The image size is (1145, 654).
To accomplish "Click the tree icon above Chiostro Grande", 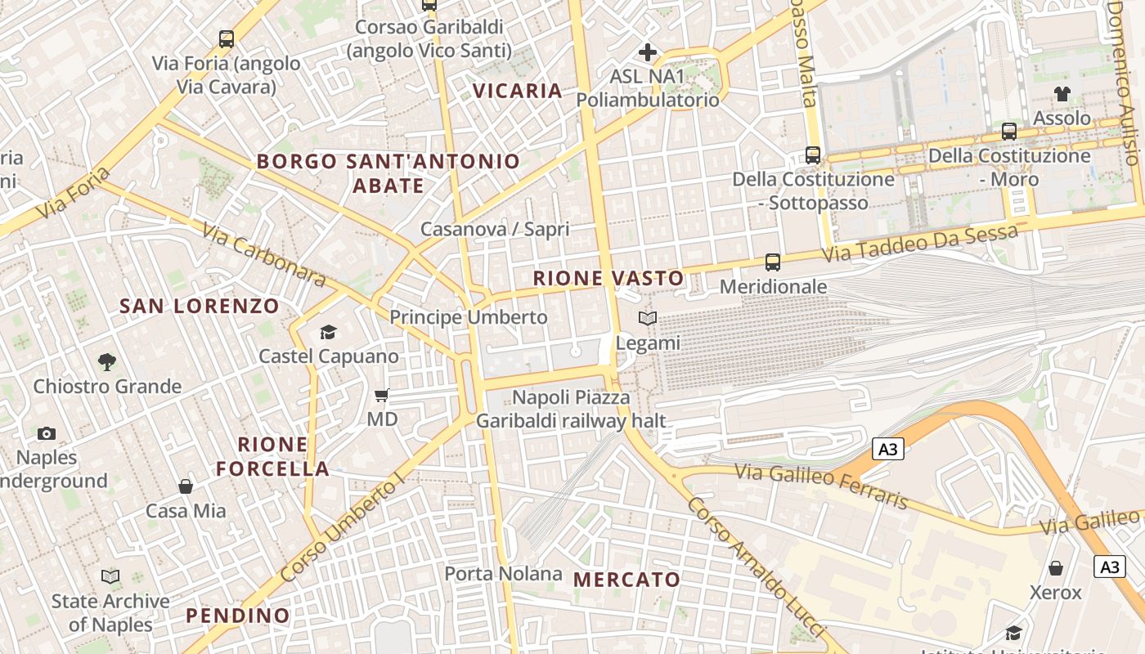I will click(106, 361).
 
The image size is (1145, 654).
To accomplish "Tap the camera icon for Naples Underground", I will click(47, 433).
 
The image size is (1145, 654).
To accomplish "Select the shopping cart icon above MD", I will click(381, 396).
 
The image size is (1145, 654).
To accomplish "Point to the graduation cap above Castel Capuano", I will click(328, 332).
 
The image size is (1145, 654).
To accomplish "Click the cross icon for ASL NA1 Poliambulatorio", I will click(648, 52).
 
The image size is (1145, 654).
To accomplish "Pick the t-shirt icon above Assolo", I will click(1062, 94).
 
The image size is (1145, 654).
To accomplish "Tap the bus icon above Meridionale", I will click(773, 262).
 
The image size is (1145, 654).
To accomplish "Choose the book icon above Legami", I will click(648, 319).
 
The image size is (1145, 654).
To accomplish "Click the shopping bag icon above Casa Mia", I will click(186, 486).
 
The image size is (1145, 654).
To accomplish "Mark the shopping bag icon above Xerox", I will click(1056, 568).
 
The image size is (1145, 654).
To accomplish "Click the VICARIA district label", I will click(519, 91).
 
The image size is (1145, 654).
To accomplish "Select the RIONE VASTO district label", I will click(608, 278).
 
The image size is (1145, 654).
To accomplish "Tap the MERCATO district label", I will click(626, 580).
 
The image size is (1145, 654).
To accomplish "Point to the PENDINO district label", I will click(238, 616).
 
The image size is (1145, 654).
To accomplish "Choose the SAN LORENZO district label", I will click(200, 307).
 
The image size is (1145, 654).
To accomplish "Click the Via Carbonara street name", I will click(263, 256).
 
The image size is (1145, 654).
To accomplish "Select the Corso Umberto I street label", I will click(342, 528).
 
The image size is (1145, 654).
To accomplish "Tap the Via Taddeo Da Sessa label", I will click(920, 244).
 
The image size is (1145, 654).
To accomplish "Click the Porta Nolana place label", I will click(503, 574).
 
